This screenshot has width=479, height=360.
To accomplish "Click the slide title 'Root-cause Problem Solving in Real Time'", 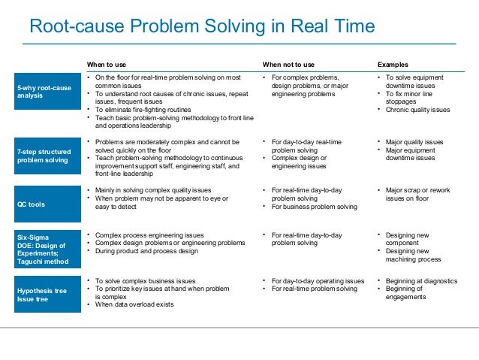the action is [x=201, y=28].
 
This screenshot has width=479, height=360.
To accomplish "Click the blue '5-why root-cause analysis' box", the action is [x=44, y=92].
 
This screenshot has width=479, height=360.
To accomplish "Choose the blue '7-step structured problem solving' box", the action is [x=44, y=156].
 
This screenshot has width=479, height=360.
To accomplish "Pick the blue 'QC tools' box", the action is [x=44, y=203].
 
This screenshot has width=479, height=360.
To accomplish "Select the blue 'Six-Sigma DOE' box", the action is [x=44, y=250].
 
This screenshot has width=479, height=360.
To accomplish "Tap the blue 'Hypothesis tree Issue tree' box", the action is [x=44, y=292].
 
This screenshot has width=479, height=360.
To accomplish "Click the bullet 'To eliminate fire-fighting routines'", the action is [x=143, y=110].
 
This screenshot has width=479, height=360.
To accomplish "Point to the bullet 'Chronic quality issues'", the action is [x=417, y=110].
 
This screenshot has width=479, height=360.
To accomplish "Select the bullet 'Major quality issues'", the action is [x=414, y=141].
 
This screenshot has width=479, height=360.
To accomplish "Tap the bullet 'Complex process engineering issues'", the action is [x=154, y=235].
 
